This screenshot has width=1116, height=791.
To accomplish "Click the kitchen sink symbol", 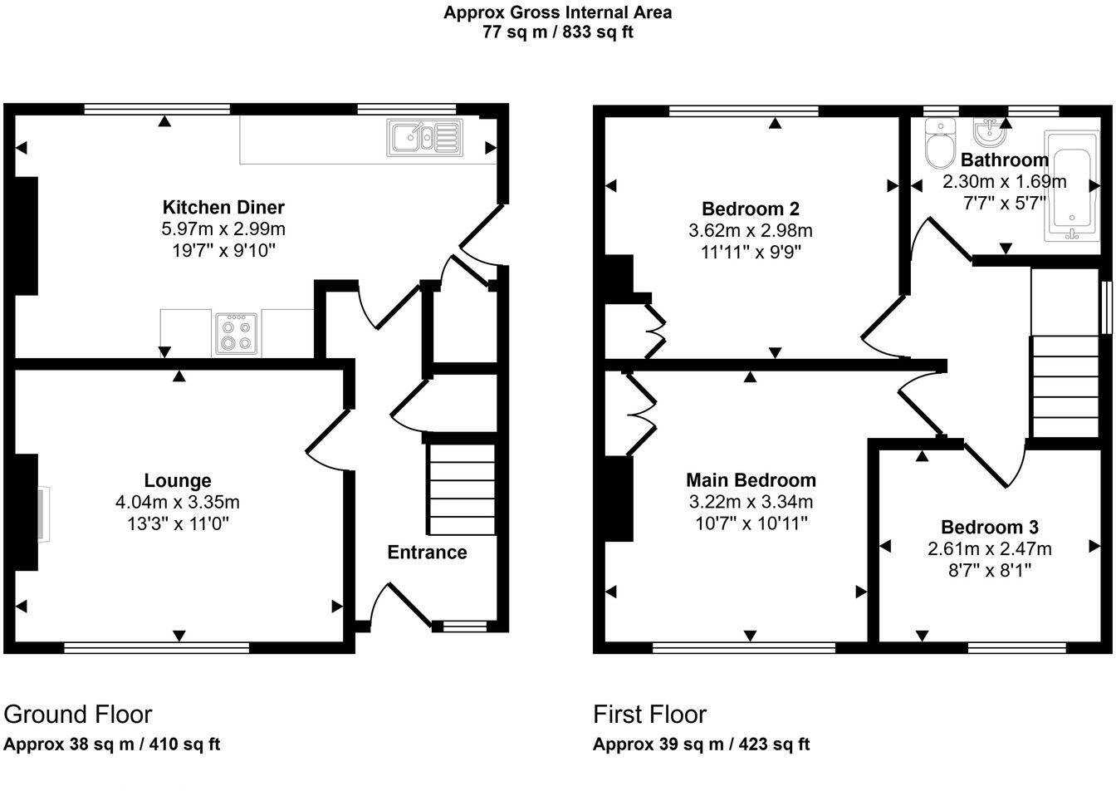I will pos(422,138).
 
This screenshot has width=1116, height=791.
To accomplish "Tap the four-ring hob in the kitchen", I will pos(236,334).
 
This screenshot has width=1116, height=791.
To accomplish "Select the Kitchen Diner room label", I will pos(223,207).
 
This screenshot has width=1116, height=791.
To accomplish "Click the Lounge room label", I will pos(178,480).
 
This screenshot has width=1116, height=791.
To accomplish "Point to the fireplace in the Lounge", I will pos(40,513).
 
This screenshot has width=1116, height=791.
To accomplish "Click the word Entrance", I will pos(427,553).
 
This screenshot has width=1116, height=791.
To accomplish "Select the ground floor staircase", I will pos(461,489).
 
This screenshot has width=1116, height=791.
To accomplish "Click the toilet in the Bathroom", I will pos(939,145).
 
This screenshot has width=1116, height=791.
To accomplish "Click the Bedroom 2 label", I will pos(751,209).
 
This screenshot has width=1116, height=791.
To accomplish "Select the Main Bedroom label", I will pos(751,479).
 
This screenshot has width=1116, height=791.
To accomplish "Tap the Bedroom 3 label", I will pos(989,527).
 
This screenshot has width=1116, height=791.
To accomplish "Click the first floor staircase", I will pos(1065,386).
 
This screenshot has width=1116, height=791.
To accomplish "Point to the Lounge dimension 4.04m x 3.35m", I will pos(178,502).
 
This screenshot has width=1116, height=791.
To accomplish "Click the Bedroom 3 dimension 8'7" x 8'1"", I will pos(989,570).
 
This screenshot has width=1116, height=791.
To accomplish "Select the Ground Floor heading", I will pos(78,715).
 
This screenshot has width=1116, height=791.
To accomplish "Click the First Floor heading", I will pos(649,715).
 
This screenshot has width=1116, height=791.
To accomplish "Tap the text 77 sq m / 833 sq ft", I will pos(557,32).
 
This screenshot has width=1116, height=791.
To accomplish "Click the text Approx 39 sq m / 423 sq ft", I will pos(701,744).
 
